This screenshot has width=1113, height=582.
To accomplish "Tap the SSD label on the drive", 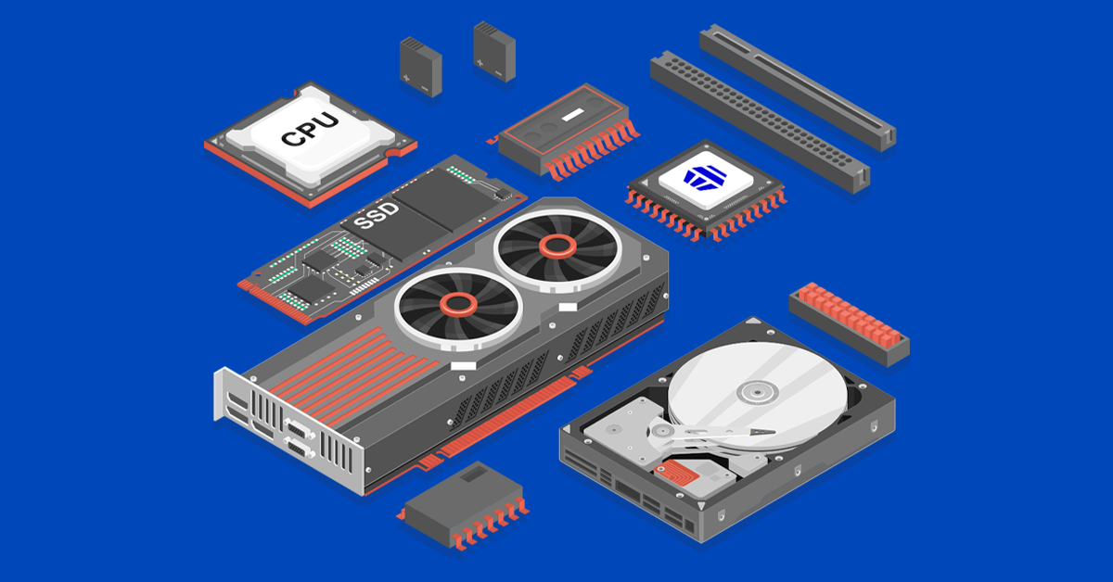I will click(377, 216).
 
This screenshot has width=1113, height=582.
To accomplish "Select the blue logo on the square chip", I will click(708, 177).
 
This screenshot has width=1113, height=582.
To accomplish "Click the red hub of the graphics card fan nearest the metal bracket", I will click(456, 303).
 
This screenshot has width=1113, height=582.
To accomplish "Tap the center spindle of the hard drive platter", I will click(751, 392).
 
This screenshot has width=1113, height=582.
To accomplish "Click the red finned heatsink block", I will click(849, 320).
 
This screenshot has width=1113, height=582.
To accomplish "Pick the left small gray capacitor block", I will click(420, 65).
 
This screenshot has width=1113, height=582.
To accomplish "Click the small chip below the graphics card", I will click(464, 505).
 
